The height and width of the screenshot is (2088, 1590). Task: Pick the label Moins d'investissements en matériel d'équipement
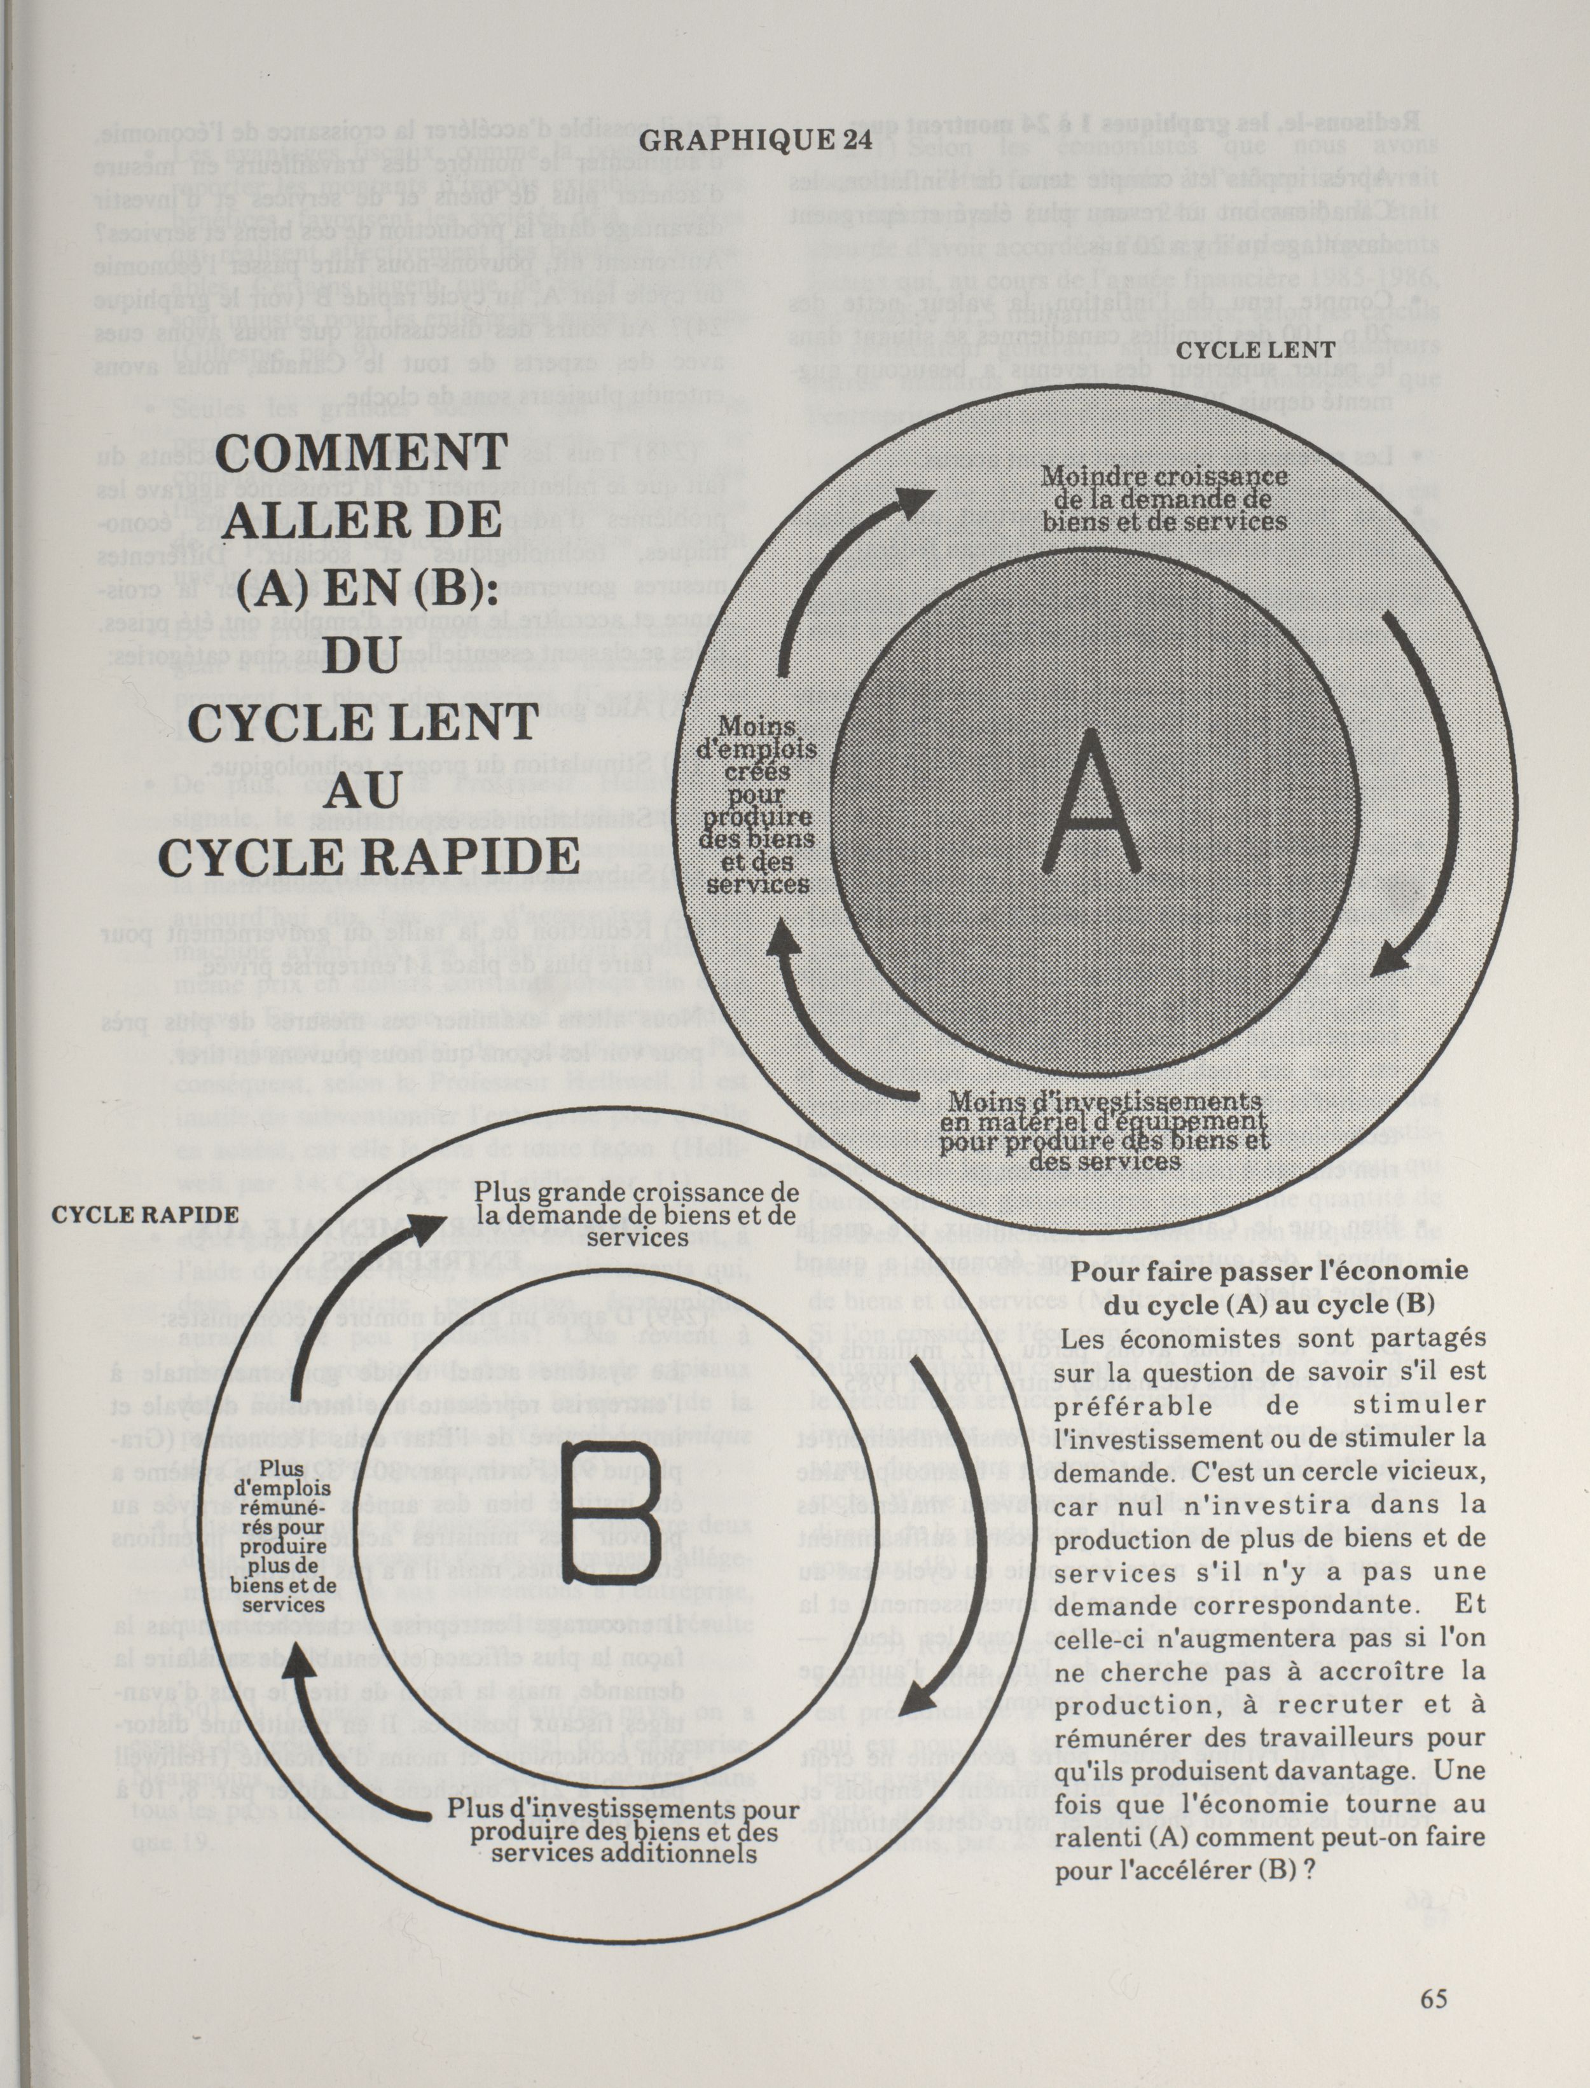tap(1105, 1130)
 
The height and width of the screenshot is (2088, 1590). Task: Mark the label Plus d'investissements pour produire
tap(624, 1836)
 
